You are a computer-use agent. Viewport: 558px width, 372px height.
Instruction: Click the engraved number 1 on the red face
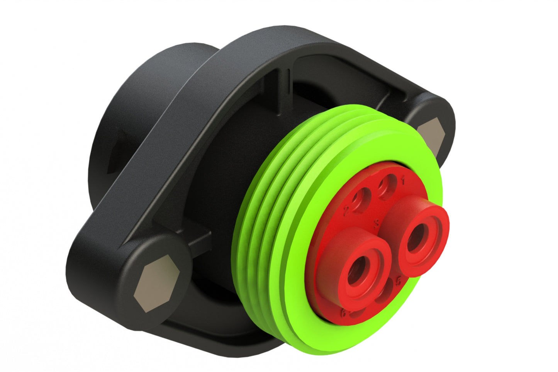(x=403, y=180)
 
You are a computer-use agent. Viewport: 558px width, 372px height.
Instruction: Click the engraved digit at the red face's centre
(x=377, y=223)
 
